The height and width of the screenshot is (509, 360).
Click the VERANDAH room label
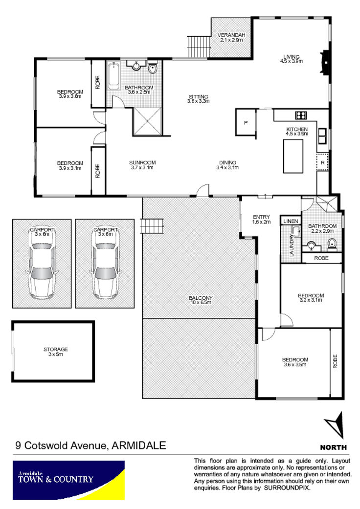(x=231, y=35)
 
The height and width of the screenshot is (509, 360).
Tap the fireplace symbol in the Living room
(x=324, y=62)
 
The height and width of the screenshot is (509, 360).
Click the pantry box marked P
(x=246, y=122)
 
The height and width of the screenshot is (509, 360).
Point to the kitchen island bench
(x=293, y=156)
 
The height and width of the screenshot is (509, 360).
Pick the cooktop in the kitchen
(x=301, y=115)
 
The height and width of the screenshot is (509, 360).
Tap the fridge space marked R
(x=322, y=162)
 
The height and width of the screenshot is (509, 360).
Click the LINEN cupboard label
(x=291, y=221)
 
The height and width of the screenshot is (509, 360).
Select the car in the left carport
(x=42, y=265)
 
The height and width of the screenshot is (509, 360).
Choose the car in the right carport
(x=105, y=265)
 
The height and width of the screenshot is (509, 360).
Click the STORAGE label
(x=55, y=349)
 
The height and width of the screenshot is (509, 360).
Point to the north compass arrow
(x=335, y=425)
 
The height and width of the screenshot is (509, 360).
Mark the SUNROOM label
(x=142, y=162)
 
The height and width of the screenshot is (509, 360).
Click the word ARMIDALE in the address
(x=138, y=445)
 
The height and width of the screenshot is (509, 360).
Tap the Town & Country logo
(x=68, y=480)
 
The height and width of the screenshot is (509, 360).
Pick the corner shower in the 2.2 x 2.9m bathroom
(x=327, y=203)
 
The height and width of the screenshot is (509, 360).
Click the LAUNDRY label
(x=291, y=245)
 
